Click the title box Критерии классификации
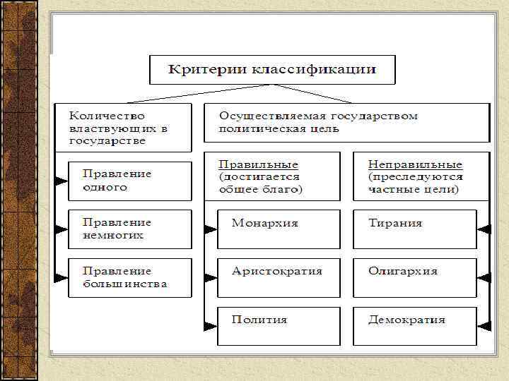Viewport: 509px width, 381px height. click(272, 71)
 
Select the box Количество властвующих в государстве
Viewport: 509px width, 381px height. click(124, 128)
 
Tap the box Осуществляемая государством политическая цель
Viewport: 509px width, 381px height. click(346, 122)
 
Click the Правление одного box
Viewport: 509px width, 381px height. click(129, 181)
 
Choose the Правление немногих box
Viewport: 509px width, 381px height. click(129, 229)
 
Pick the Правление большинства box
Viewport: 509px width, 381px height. click(129, 277)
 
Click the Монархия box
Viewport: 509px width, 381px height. click(279, 229)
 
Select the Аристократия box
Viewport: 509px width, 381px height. click(279, 277)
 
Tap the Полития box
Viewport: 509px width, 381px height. click(279, 325)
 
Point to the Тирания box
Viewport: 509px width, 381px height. click(415, 229)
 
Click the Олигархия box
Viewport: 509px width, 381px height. click(415, 277)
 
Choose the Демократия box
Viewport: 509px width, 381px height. click(415, 325)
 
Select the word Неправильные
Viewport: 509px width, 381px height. click(416, 164)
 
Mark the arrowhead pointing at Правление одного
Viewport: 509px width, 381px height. click(62, 181)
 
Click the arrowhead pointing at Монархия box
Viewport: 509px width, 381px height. click(210, 229)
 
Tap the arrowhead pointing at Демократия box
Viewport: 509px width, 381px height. click(484, 325)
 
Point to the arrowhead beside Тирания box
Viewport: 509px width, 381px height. click(484, 229)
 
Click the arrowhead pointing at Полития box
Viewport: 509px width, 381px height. click(210, 325)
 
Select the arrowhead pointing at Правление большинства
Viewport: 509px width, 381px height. click(62, 277)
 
